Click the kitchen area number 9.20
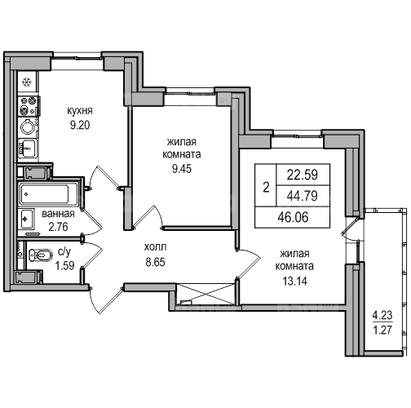80,126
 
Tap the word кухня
80,111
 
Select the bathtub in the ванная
46,194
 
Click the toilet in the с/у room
41,255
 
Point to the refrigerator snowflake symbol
27,82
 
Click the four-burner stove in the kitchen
29,106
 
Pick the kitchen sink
27,149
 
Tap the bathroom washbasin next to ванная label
26,219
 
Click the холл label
155,247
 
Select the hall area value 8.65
155,262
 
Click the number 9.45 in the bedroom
182,169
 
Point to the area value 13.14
294,281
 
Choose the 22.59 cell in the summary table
303,175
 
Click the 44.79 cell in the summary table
303,196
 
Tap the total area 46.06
293,217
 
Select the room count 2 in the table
266,188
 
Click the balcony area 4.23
382,316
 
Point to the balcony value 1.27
382,330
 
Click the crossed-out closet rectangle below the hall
205,294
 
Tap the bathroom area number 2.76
58,227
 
